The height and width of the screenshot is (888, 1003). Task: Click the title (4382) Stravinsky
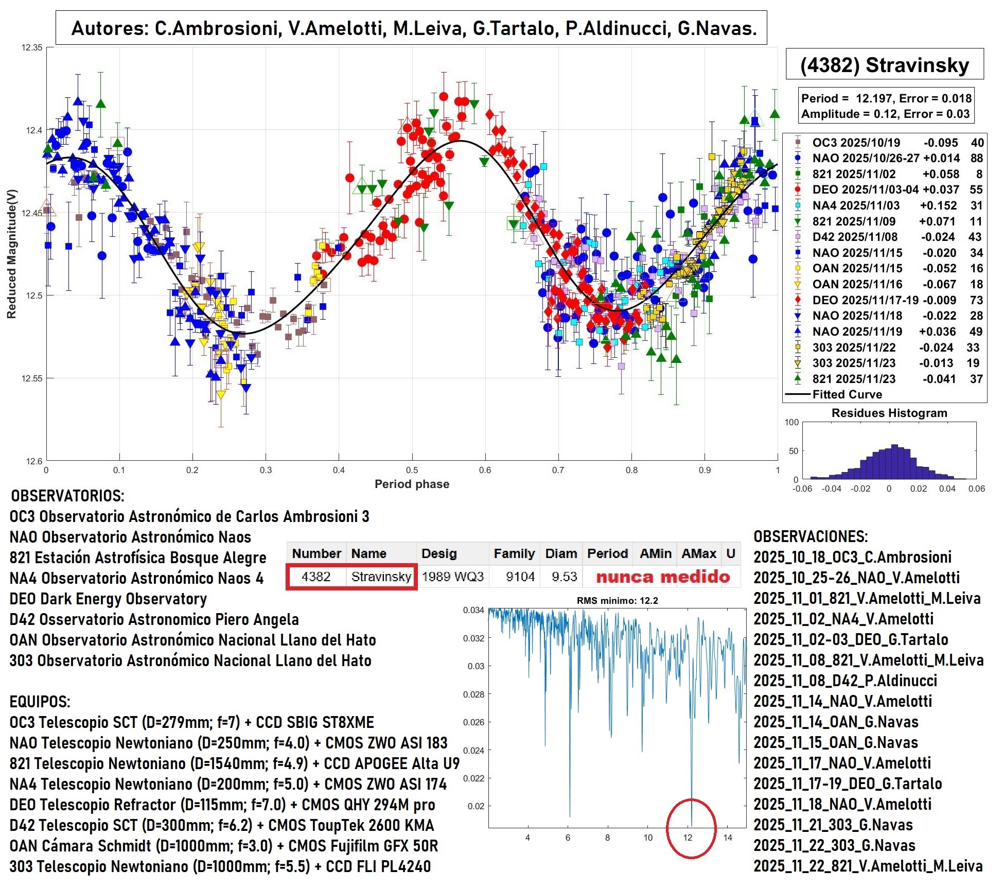[x=884, y=65]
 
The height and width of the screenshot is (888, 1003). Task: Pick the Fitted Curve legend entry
[x=847, y=394]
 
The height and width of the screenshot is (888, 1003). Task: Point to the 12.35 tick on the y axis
[x=32, y=47]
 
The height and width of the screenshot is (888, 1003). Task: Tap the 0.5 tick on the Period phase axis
[x=412, y=470]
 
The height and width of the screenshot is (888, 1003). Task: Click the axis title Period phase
[x=412, y=484]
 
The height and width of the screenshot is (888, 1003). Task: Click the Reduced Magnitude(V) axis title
[x=11, y=254]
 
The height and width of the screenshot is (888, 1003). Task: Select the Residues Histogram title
[x=889, y=413]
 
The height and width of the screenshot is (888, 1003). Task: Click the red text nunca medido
[x=663, y=577]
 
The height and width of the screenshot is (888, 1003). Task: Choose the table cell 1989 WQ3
[x=452, y=577]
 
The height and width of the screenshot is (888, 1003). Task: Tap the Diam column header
[x=561, y=553]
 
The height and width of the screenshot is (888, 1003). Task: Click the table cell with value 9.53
[x=564, y=577]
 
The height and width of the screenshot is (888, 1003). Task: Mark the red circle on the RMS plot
[x=691, y=828]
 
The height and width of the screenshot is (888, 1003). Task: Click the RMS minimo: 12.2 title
[x=617, y=600]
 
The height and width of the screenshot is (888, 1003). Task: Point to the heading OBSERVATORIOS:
[x=67, y=496]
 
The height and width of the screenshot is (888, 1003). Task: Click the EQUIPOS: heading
[x=40, y=702]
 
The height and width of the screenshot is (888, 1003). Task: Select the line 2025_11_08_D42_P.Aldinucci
[x=845, y=681]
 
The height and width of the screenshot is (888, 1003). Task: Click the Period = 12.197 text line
[x=886, y=98]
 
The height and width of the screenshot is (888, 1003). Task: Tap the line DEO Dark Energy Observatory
[x=108, y=599]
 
